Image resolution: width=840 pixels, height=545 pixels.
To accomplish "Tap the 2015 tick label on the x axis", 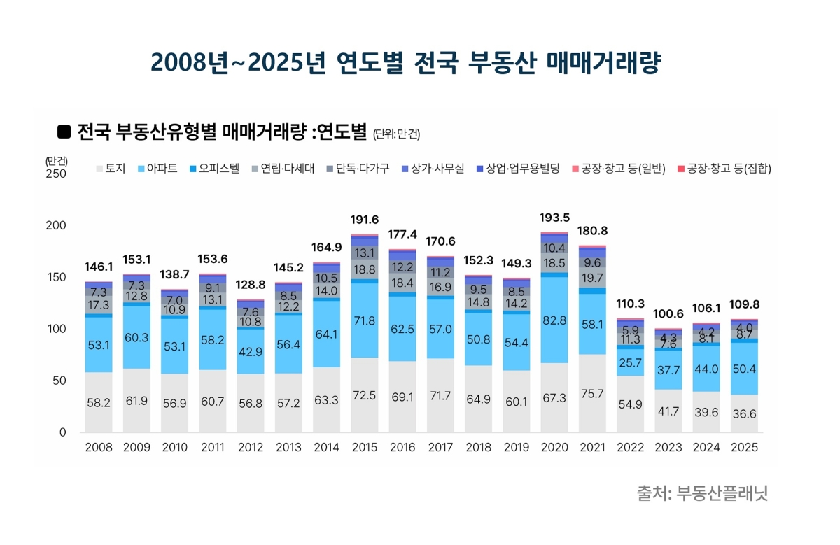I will pyautogui.click(x=364, y=447).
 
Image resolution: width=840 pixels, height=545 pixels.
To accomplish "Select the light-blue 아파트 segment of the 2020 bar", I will pyautogui.click(x=554, y=320).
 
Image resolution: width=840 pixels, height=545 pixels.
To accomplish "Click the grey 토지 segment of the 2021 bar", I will pyautogui.click(x=592, y=393).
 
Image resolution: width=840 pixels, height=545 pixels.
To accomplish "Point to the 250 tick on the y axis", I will pyautogui.click(x=56, y=174).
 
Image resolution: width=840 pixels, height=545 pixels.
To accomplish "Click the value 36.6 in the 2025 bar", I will pyautogui.click(x=743, y=413).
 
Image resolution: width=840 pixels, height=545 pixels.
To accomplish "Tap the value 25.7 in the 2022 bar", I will pyautogui.click(x=630, y=362).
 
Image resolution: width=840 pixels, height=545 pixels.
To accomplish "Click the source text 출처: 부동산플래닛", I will pyautogui.click(x=702, y=493).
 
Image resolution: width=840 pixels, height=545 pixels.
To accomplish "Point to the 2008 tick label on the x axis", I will pyautogui.click(x=99, y=447).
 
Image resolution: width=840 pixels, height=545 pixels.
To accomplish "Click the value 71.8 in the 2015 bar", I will pyautogui.click(x=364, y=321).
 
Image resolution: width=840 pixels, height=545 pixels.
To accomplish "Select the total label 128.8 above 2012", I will pyautogui.click(x=251, y=285).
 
